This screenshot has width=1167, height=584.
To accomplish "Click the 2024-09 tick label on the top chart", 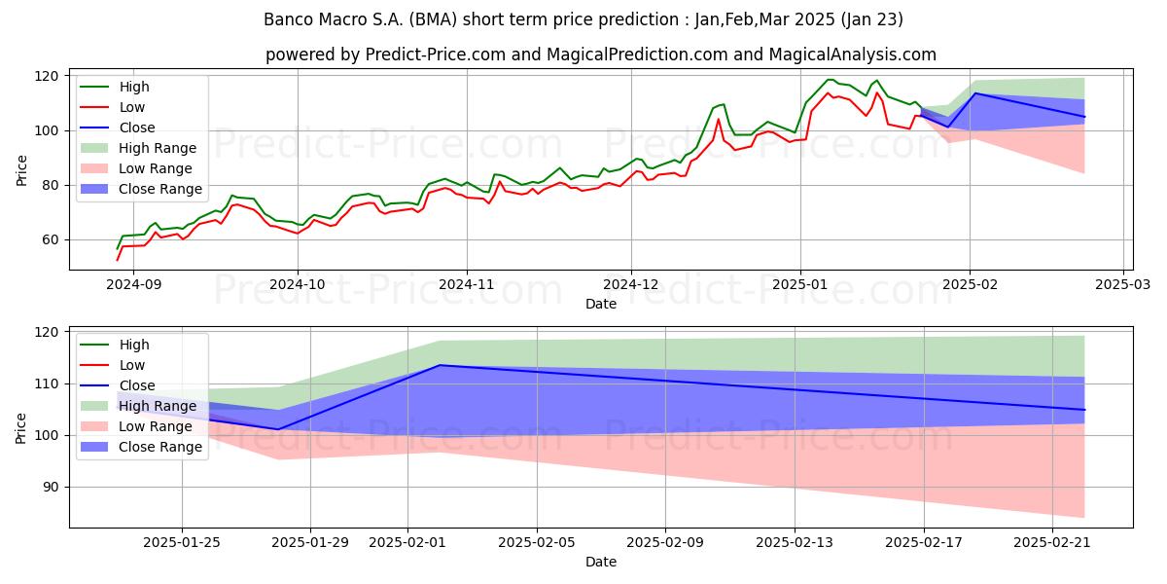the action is coord(134,284).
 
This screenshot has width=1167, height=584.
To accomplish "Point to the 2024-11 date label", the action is coord(467,284).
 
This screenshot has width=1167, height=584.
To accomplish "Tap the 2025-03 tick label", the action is coord(1122,284).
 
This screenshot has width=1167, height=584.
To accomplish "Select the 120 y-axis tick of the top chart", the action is coord(47,76).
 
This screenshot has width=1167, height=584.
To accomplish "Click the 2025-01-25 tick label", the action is coord(182,543).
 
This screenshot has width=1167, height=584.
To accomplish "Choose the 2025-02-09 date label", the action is coord(665,543).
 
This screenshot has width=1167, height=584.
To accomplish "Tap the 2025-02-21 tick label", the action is coord(1052,543).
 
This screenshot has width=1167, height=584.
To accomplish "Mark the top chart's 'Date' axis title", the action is coord(601,304).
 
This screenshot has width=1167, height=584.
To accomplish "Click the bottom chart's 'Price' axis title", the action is coord(20,428).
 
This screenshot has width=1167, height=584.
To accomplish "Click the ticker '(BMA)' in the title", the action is coord(433,19).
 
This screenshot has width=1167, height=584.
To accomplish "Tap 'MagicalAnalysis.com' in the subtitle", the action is coord(852,55).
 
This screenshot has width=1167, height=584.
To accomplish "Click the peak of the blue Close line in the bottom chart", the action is coord(441,365).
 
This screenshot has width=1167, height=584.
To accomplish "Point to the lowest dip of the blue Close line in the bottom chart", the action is coord(279,429).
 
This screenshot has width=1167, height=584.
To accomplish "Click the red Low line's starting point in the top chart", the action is coord(118,260).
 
